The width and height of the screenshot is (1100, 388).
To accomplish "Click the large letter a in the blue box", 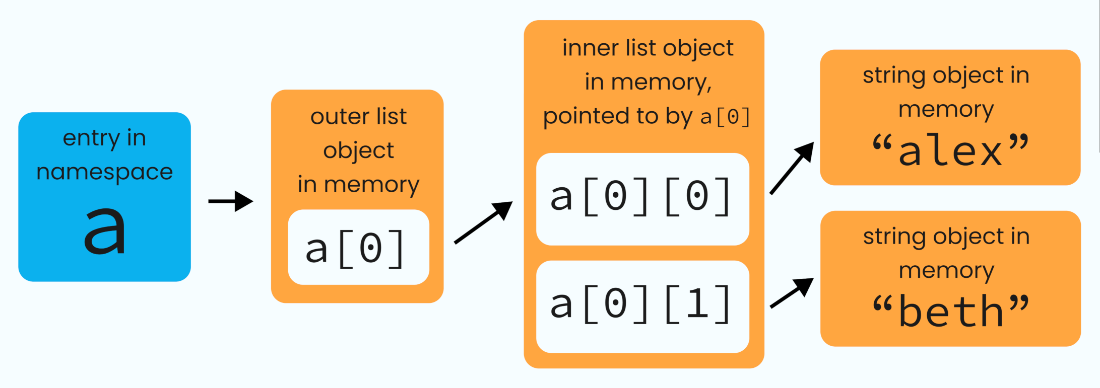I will pos(104,231).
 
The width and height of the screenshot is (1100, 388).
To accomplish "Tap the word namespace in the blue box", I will pos(104,172).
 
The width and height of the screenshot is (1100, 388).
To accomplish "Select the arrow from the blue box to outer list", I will pos(231,201).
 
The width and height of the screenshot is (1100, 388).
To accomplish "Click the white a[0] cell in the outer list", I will pos(358,248).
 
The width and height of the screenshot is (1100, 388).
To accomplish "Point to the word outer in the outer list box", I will pos(333,117).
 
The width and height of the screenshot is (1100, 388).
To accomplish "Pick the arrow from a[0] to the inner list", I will pos(483,222).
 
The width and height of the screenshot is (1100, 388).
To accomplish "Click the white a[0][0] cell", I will pos(642,199).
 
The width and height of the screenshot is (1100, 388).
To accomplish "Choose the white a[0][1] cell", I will pos(642,306).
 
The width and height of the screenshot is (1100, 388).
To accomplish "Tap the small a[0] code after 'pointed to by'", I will pos(726,117).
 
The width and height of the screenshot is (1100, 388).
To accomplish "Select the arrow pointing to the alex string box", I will pos(792,168).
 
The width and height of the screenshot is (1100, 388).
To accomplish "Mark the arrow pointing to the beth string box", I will pos(792,293).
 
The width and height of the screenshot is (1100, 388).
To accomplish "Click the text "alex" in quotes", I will pos(950,150).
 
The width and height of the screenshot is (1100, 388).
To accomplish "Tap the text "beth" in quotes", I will pos(950,312).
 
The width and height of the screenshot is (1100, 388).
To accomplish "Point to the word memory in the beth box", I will pos(946,271).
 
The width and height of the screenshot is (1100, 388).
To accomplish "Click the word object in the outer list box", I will pos(358,150).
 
